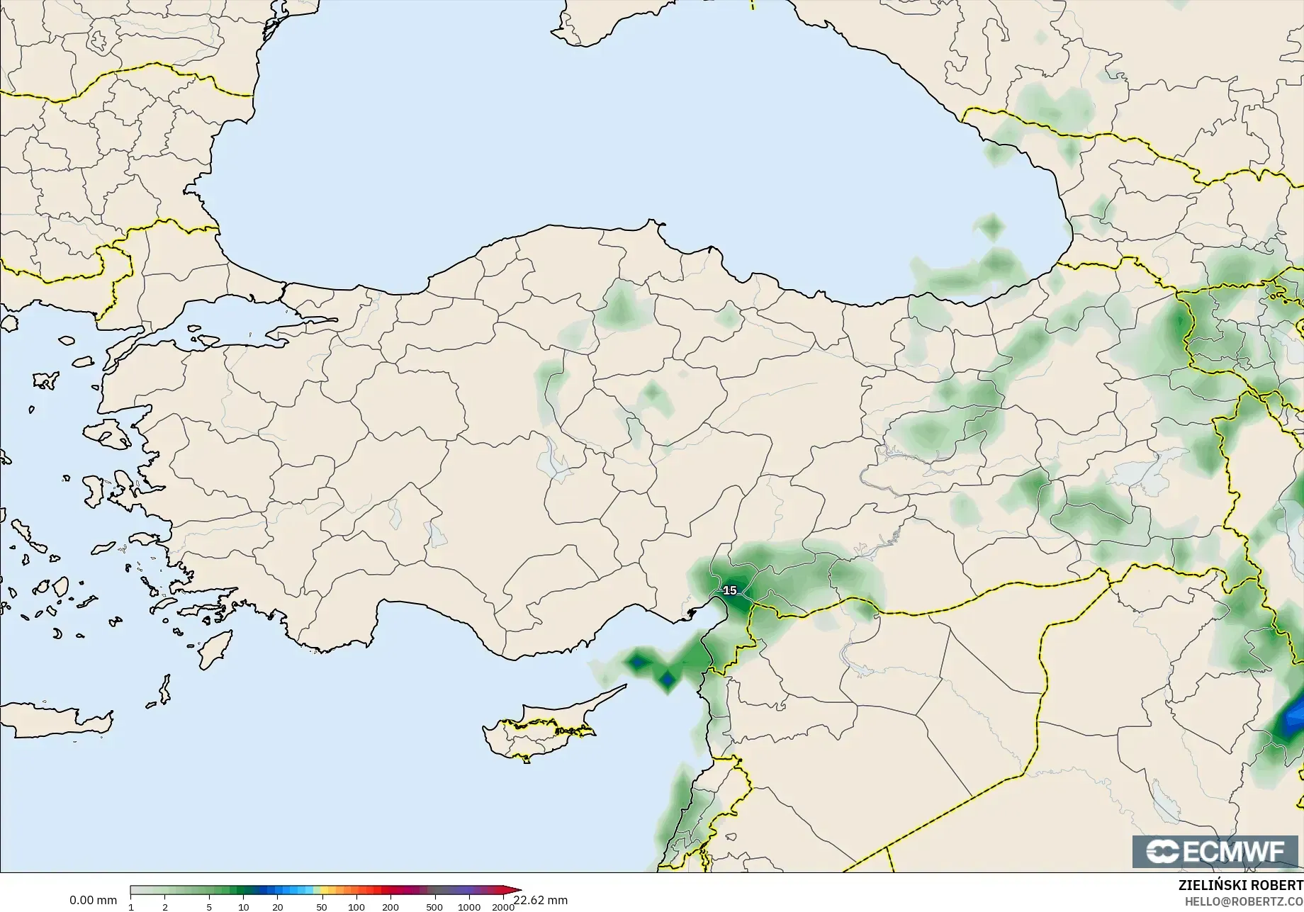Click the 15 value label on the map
coord(730,590)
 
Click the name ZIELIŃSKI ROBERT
coord(1240,885)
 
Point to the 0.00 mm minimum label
coord(93,900)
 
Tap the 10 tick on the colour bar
coord(243,907)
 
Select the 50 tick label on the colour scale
coord(322,907)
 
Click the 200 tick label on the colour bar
coord(390,907)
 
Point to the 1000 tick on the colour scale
coord(469,907)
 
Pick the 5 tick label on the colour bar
coord(209,907)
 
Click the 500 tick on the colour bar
coord(434,907)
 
